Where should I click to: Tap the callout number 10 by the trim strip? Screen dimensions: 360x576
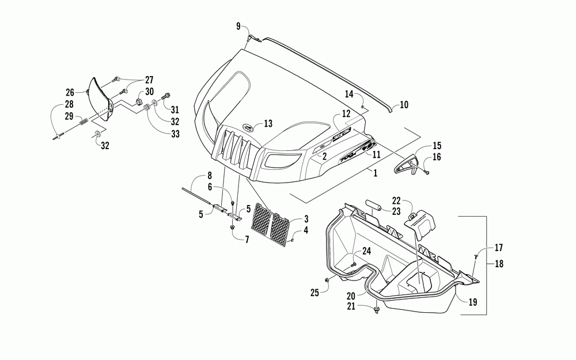(404, 105)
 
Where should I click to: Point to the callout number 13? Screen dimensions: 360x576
(268, 123)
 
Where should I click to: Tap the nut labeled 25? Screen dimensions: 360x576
(327, 281)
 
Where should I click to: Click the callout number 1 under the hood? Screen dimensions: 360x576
(375, 173)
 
